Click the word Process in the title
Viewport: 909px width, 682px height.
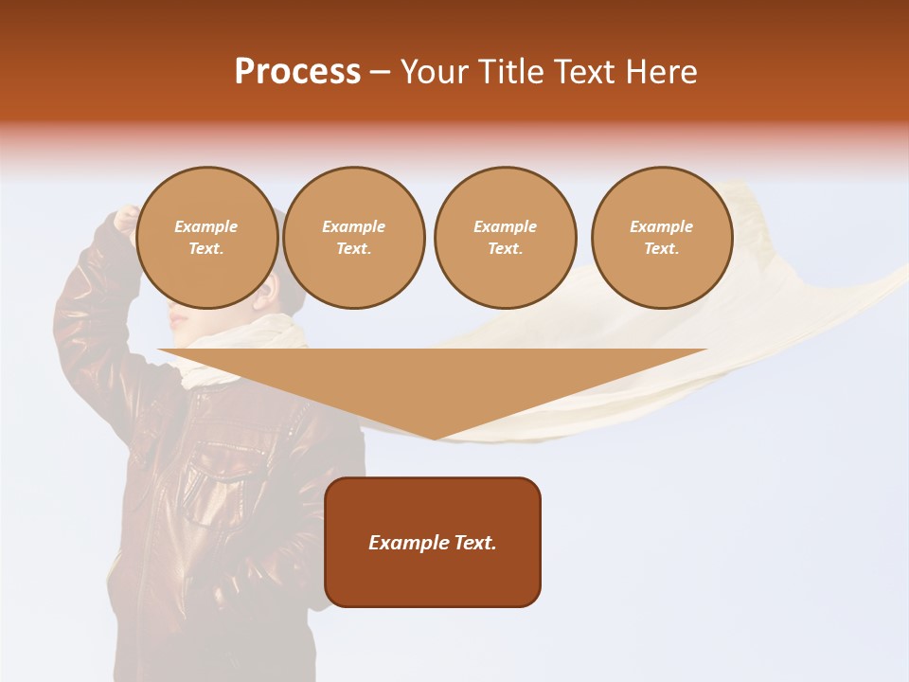[x=297, y=72]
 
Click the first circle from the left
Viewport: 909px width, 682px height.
[x=206, y=238]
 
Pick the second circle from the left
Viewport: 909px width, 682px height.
[x=354, y=238]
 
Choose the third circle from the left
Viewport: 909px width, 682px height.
[x=505, y=238]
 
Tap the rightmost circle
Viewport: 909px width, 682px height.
[x=662, y=238]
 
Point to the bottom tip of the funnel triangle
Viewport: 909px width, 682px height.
[x=434, y=438]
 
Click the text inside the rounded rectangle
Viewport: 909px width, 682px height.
[x=433, y=543]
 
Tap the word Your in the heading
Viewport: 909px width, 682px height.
[x=437, y=72]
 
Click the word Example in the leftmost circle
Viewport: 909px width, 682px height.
[x=206, y=226]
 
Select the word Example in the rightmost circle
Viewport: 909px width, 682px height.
[x=662, y=226]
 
